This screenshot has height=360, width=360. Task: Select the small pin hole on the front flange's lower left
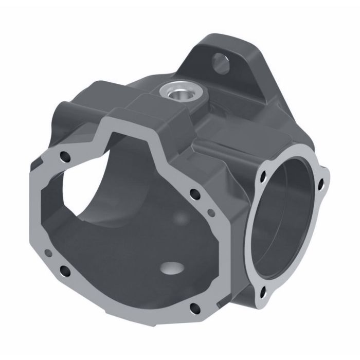tap(47, 253)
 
